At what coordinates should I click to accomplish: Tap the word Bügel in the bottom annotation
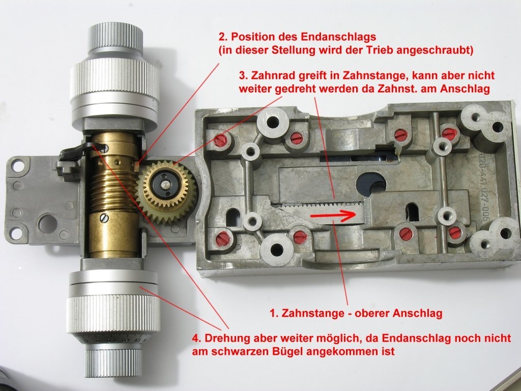point(284,351)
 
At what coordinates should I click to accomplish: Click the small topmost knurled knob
point(115,38)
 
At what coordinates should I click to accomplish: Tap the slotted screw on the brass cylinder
point(105,218)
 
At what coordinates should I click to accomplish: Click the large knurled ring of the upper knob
point(114,82)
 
